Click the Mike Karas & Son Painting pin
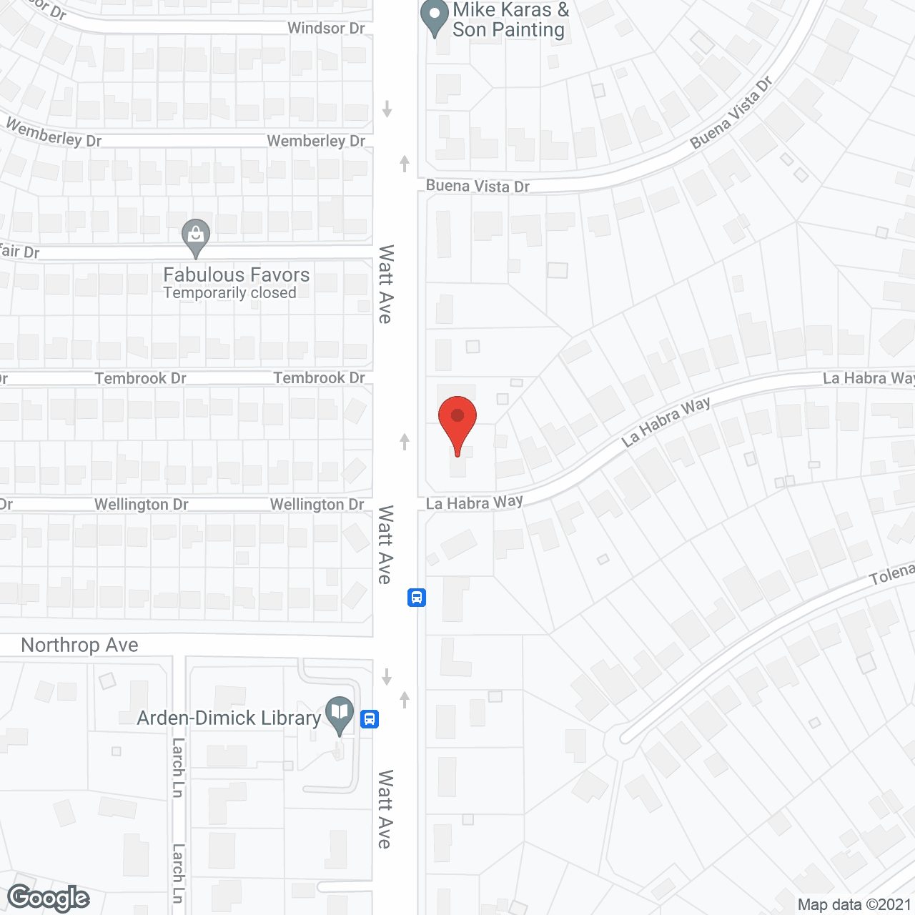pyautogui.click(x=434, y=17)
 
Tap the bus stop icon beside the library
pyautogui.click(x=370, y=718)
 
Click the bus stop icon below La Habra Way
pyautogui.click(x=417, y=597)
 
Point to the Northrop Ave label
pyautogui.click(x=79, y=645)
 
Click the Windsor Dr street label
pyautogui.click(x=326, y=29)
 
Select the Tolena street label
pyautogui.click(x=891, y=574)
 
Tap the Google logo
pyautogui.click(x=49, y=898)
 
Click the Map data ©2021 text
pyautogui.click(x=854, y=904)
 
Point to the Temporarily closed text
pyautogui.click(x=229, y=293)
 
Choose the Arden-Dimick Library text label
pyautogui.click(x=229, y=718)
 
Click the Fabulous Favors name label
pyautogui.click(x=237, y=274)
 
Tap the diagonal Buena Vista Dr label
pyautogui.click(x=731, y=113)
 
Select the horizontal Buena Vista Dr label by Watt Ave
pyautogui.click(x=478, y=187)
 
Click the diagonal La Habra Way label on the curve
pyautogui.click(x=666, y=422)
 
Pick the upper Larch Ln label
pyautogui.click(x=178, y=768)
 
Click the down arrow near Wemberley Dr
pyautogui.click(x=387, y=109)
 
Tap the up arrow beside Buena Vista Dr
pyautogui.click(x=405, y=164)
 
